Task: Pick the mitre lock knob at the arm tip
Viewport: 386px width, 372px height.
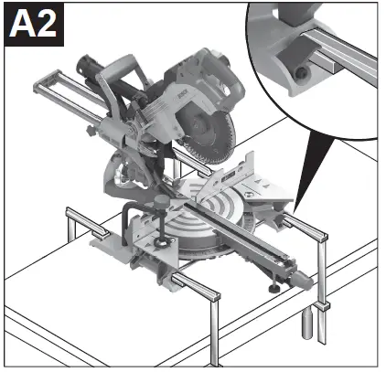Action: click(295, 273)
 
